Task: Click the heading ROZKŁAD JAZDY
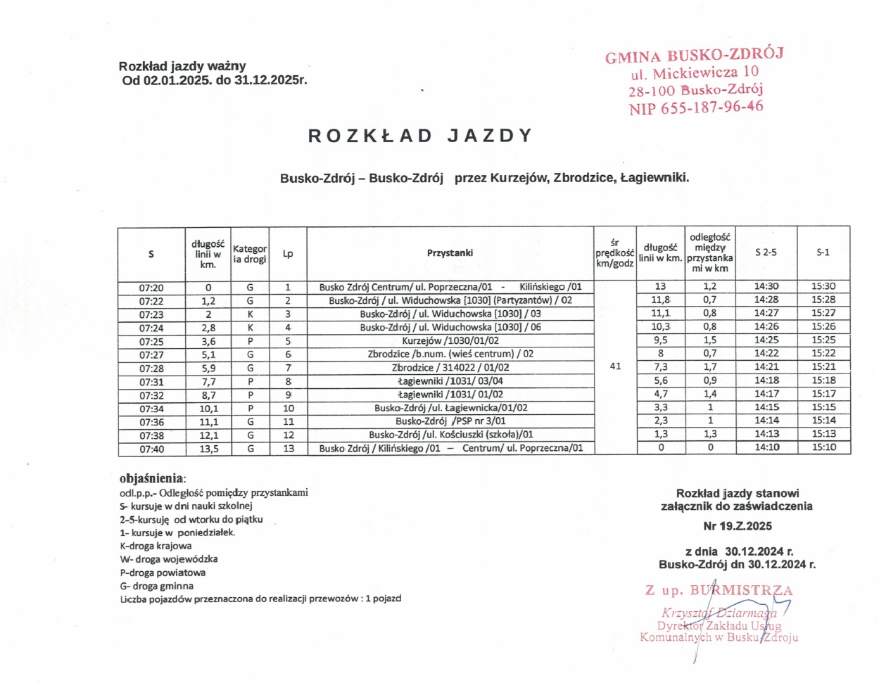420,136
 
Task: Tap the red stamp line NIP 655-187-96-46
696,108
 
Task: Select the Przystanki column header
450,253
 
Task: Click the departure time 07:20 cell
151,288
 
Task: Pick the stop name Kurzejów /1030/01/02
450,341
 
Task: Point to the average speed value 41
615,366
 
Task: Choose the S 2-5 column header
766,252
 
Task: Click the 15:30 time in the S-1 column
823,287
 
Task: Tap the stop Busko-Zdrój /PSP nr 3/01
450,421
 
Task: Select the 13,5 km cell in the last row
208,449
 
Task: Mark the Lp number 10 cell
289,408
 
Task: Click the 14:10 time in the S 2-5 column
766,447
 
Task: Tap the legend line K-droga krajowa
156,546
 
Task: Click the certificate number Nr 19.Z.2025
738,526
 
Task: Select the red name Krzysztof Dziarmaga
719,613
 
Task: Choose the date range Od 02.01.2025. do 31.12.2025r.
215,80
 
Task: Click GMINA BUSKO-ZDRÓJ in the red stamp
694,56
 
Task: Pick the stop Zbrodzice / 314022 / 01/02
450,368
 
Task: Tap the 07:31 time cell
151,382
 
